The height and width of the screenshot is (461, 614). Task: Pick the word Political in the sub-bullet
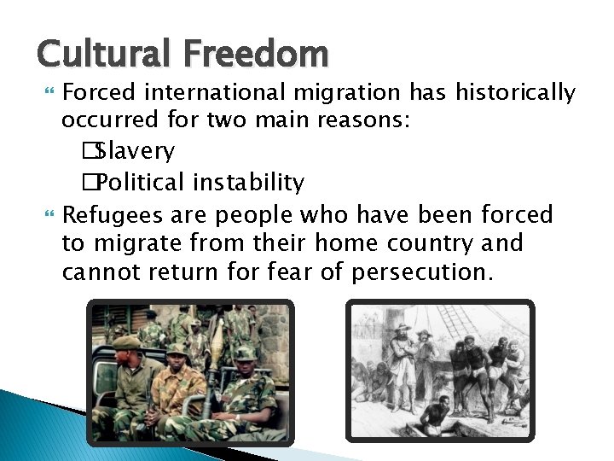click(142, 183)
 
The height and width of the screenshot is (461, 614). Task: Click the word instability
click(249, 183)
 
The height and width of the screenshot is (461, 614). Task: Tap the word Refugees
click(117, 213)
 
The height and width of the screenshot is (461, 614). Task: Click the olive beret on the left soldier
click(128, 342)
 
